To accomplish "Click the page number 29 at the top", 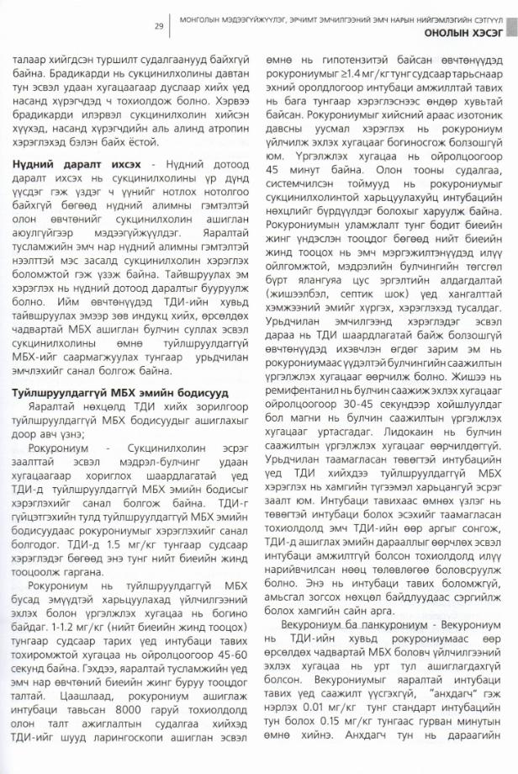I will (158, 25).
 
